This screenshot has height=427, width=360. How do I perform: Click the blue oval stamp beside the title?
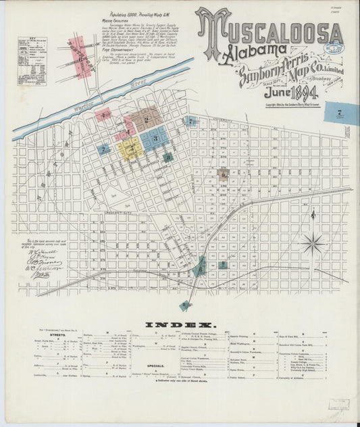click(x=332, y=50)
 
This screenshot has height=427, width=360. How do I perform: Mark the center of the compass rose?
click(x=312, y=243)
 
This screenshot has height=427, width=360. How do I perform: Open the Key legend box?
click(x=32, y=61)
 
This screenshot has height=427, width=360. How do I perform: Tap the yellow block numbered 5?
click(x=130, y=147)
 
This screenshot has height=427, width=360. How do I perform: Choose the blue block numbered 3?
click(x=155, y=139)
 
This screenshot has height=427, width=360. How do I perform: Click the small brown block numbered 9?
click(x=224, y=174)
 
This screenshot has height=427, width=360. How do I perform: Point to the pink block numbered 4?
click(x=103, y=116)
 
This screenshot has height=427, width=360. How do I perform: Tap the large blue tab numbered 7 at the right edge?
click(x=340, y=111)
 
